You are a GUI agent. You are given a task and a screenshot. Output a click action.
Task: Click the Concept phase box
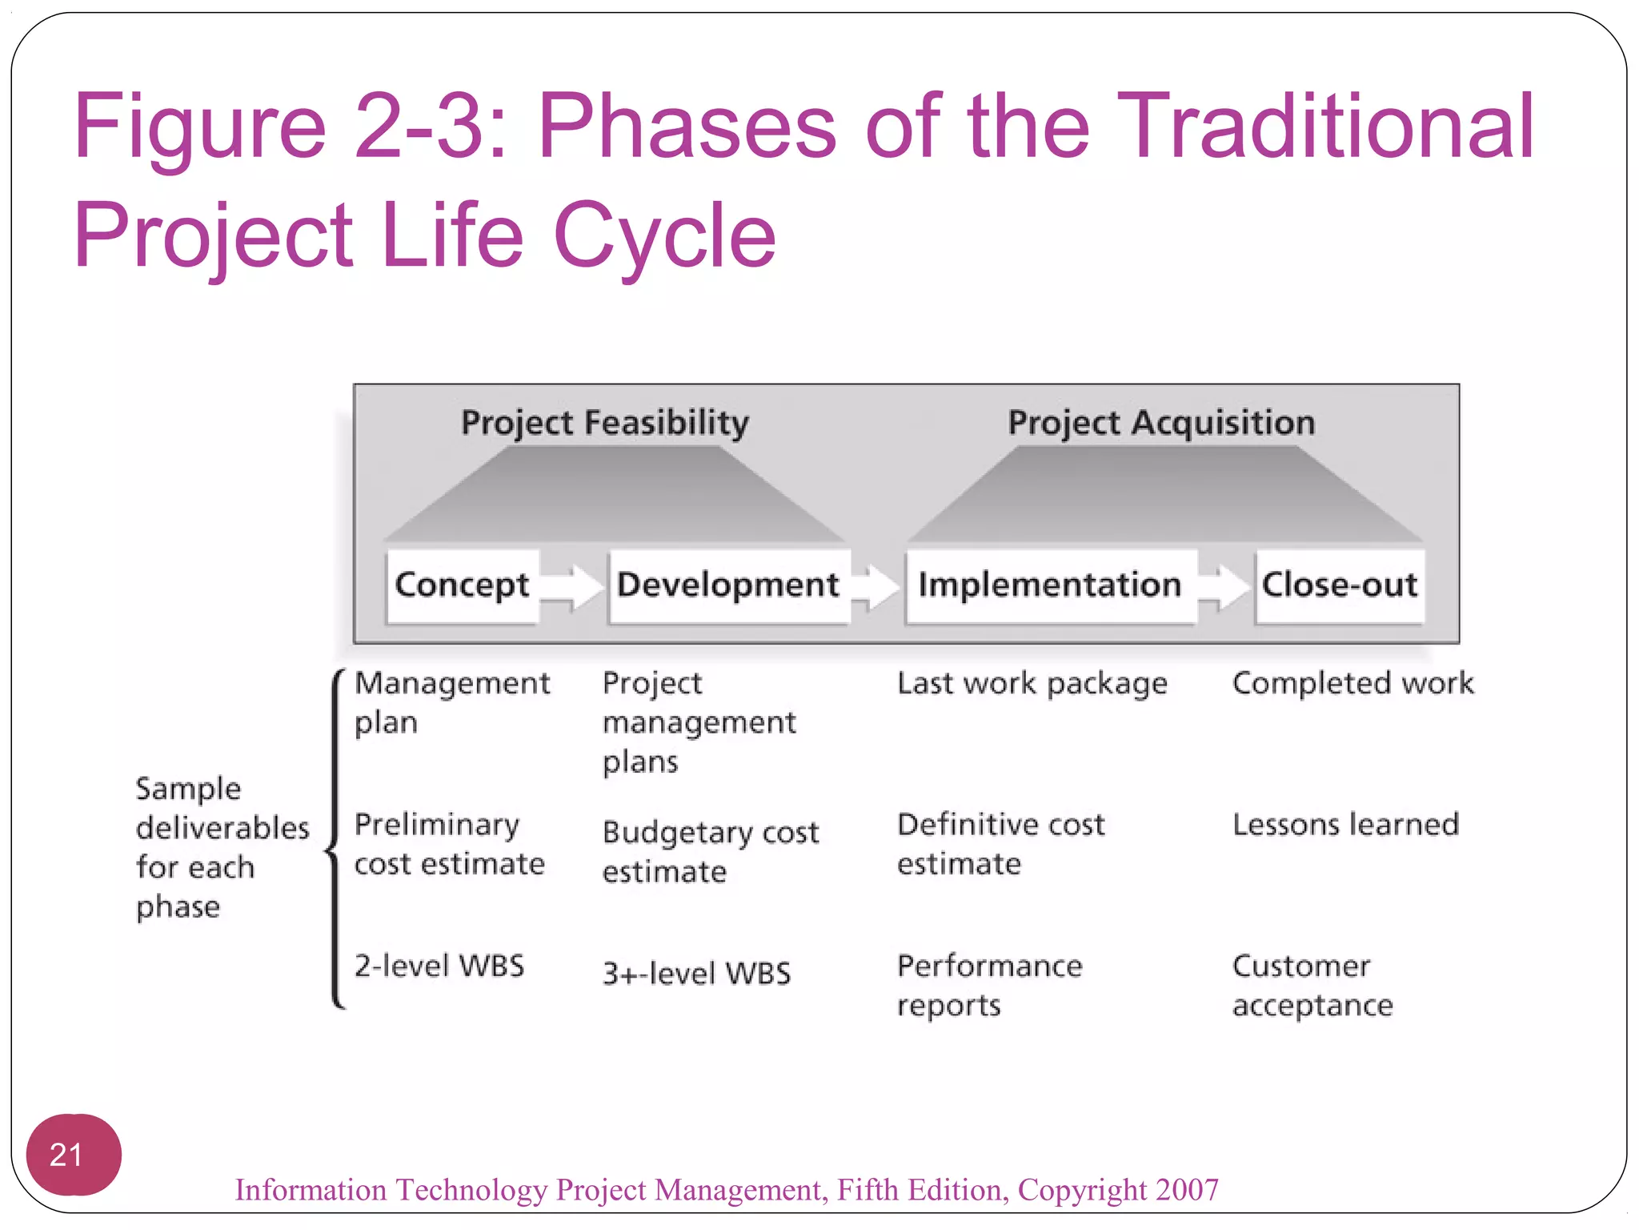tap(462, 585)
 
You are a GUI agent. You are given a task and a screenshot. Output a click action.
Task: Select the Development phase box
tap(728, 585)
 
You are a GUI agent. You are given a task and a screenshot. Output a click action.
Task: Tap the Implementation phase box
tap(1050, 585)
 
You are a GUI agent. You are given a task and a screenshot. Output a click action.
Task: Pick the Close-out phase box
tap(1340, 585)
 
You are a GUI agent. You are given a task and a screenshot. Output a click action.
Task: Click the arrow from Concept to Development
tap(571, 587)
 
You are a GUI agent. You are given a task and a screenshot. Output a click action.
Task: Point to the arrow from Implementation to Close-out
tap(1224, 587)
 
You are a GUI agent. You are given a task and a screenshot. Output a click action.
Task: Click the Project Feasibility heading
tap(605, 423)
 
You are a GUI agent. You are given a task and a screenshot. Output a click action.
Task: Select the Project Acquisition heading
tap(1161, 423)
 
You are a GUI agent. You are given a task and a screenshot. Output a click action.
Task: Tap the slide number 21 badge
tap(73, 1154)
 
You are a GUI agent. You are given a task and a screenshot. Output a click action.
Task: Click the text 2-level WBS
tap(439, 966)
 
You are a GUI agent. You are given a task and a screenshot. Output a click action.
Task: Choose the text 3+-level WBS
tap(696, 974)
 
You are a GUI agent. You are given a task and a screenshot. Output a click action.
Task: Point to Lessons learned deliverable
tap(1345, 825)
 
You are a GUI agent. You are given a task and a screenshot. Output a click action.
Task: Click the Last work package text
tap(1032, 684)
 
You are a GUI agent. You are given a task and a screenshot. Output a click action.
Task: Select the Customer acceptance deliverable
tap(1312, 985)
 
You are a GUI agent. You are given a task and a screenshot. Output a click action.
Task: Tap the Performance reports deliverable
tap(989, 985)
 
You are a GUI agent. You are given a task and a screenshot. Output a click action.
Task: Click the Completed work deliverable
tap(1352, 684)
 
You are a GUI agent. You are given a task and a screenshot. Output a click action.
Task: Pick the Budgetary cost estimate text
tap(710, 851)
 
